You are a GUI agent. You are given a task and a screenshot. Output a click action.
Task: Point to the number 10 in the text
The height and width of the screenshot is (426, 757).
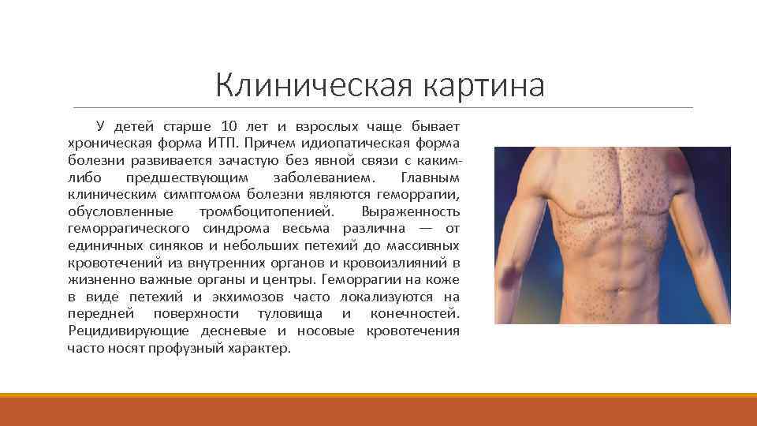[x=229, y=126]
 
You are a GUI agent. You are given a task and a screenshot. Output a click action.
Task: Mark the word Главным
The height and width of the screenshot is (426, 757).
[x=430, y=177]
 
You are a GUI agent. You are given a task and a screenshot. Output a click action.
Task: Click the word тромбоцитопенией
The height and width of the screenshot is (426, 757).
[x=267, y=212]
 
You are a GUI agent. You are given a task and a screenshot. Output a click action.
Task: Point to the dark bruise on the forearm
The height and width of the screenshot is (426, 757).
[x=506, y=278]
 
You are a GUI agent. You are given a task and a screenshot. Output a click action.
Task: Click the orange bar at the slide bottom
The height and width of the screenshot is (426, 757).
[x=378, y=411]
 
